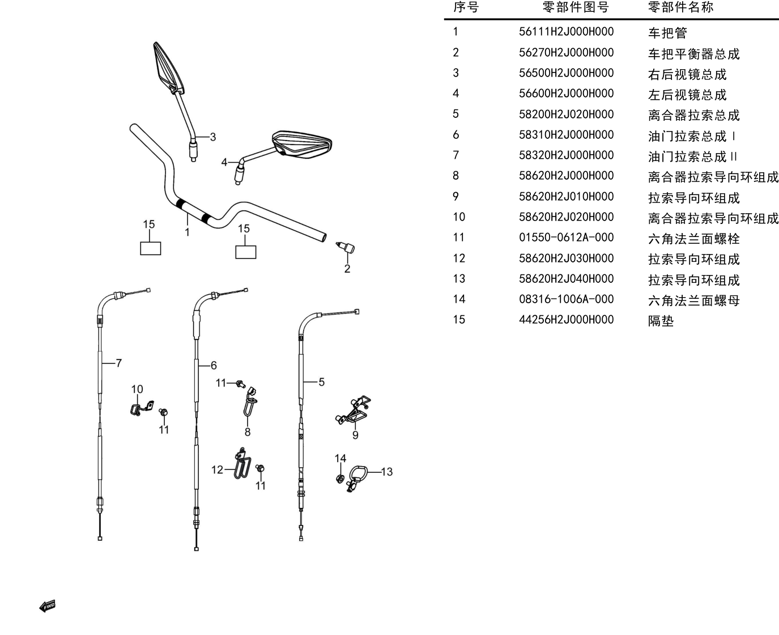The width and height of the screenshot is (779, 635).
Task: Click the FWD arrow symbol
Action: click(48, 606)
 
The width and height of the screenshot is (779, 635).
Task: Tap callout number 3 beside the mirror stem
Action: click(213, 137)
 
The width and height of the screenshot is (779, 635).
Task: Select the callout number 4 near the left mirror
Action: click(224, 162)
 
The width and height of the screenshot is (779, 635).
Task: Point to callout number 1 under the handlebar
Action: click(188, 232)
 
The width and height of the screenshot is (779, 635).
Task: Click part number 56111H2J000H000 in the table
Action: click(566, 32)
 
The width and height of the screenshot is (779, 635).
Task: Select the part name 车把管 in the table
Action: click(667, 33)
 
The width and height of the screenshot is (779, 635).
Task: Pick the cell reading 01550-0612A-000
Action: click(566, 238)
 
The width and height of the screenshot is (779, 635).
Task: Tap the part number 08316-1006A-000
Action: click(566, 299)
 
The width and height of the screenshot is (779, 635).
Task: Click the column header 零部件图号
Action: click(576, 7)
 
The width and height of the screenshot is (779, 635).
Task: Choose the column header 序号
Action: click(466, 7)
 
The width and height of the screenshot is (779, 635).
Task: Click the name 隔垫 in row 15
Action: click(661, 321)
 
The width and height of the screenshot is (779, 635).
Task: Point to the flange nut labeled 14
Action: click(340, 479)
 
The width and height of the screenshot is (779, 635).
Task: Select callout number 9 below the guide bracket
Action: click(355, 435)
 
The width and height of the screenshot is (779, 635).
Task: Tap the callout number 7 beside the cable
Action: click(118, 363)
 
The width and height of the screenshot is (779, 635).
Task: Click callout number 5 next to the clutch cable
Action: click(321, 382)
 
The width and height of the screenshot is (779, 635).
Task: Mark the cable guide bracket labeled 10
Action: click(142, 408)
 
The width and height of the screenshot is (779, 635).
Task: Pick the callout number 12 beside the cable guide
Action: click(217, 470)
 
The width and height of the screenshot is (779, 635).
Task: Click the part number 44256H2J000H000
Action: click(566, 320)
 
